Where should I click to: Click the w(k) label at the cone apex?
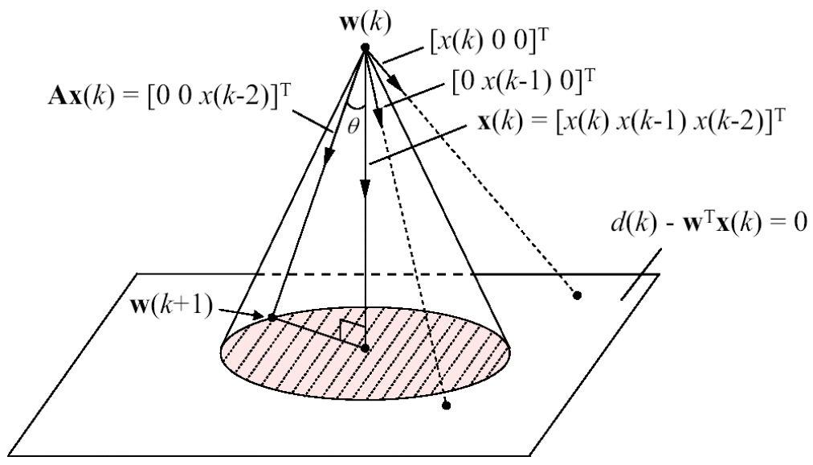tap(365, 23)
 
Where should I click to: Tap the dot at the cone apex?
tap(365, 47)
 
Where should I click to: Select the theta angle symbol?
tap(353, 126)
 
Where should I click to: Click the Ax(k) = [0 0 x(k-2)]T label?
tap(170, 97)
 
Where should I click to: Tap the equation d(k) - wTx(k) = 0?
tap(709, 223)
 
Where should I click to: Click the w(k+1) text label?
tap(172, 306)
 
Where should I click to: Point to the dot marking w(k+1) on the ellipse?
tap(272, 317)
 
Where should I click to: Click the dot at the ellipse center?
tap(365, 348)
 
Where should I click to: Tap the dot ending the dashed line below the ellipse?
tap(447, 405)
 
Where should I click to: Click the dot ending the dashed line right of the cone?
tap(577, 295)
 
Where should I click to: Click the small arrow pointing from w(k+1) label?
tap(242, 313)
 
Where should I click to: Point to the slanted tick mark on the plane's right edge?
tap(641, 274)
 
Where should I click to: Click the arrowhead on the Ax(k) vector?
tap(328, 156)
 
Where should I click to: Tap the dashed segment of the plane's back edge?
tap(366, 274)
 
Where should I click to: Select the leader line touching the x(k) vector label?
tap(419, 145)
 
